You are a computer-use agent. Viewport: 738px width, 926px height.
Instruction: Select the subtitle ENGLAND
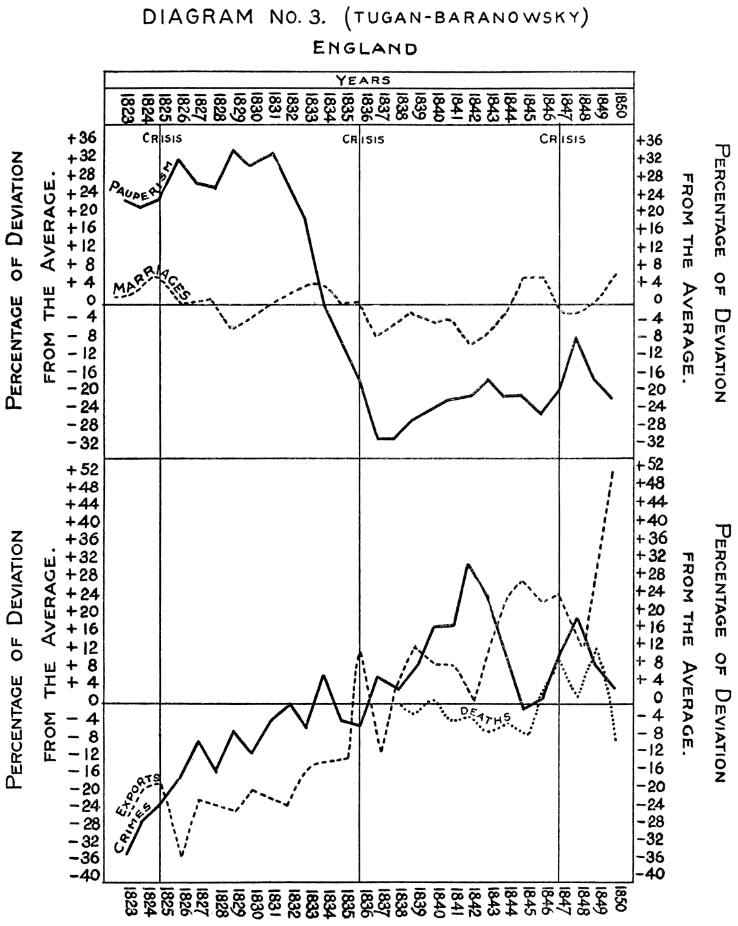[365, 48]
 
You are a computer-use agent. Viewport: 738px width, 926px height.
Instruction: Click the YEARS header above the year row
[364, 80]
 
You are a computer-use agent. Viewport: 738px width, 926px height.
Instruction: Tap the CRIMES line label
[136, 828]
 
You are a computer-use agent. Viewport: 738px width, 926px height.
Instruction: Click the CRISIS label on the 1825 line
[162, 138]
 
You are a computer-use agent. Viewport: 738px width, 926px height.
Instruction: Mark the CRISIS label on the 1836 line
[363, 138]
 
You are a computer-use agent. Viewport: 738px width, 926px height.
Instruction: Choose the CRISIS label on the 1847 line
[563, 138]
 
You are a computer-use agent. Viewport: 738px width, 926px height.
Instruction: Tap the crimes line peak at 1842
[468, 565]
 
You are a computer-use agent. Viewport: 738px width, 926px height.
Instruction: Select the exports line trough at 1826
[182, 856]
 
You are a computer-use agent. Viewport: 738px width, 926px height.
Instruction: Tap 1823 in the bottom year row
[126, 904]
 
